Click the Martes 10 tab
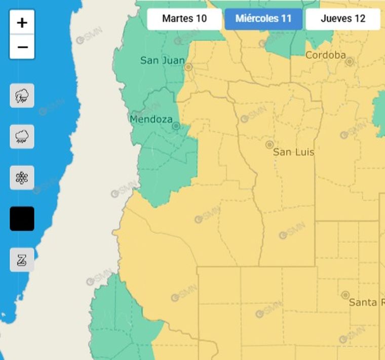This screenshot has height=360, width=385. click(184, 19)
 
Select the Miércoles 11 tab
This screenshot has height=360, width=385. click(263, 19)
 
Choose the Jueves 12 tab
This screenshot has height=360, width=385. click(343, 19)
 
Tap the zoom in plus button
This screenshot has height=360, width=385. click(22, 23)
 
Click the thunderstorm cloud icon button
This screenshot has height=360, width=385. click(22, 95)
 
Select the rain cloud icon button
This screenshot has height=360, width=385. click(22, 136)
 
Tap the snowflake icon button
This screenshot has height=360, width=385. click(22, 177)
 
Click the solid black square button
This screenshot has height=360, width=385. click(22, 219)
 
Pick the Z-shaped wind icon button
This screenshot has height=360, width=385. click(22, 260)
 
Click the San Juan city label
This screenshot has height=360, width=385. click(162, 60)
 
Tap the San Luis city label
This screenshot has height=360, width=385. click(293, 152)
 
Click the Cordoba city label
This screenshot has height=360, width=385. click(325, 55)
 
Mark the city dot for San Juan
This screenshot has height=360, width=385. click(188, 67)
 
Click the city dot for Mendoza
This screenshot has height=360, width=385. click(176, 125)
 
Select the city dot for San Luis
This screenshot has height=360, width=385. click(269, 145)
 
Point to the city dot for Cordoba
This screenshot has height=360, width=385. click(349, 61)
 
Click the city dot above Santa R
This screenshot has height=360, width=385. click(345, 295)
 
